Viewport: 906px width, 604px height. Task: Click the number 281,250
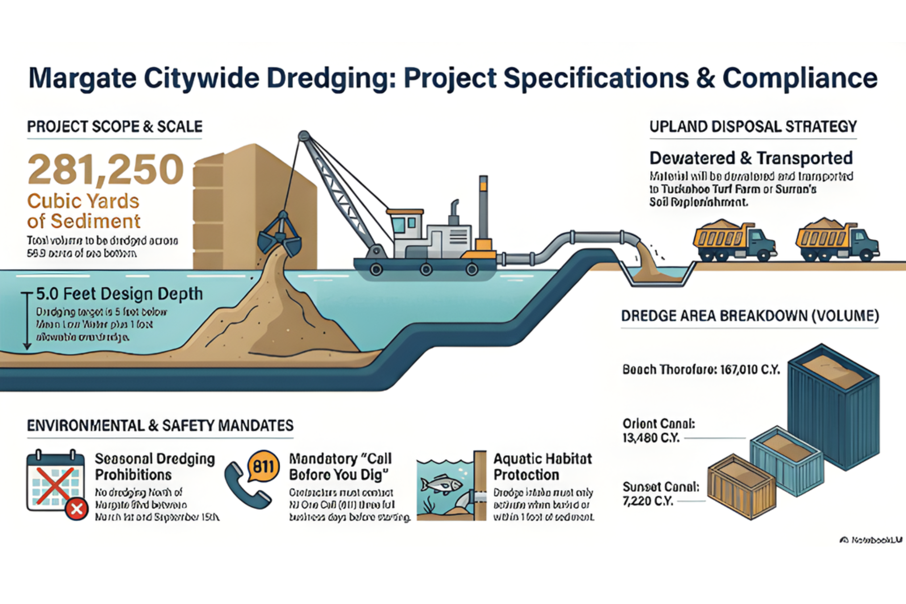click(105, 170)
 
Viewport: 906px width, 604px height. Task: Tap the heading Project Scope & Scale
click(115, 127)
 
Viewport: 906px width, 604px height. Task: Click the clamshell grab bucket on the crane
click(280, 237)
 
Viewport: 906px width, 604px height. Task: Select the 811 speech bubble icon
click(263, 466)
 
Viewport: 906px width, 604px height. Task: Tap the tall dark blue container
click(833, 408)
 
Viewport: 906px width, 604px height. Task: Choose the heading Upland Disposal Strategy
click(753, 127)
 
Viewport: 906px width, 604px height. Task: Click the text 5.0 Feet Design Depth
click(120, 294)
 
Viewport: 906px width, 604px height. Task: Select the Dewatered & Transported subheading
click(751, 158)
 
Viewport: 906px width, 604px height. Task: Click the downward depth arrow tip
click(27, 348)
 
